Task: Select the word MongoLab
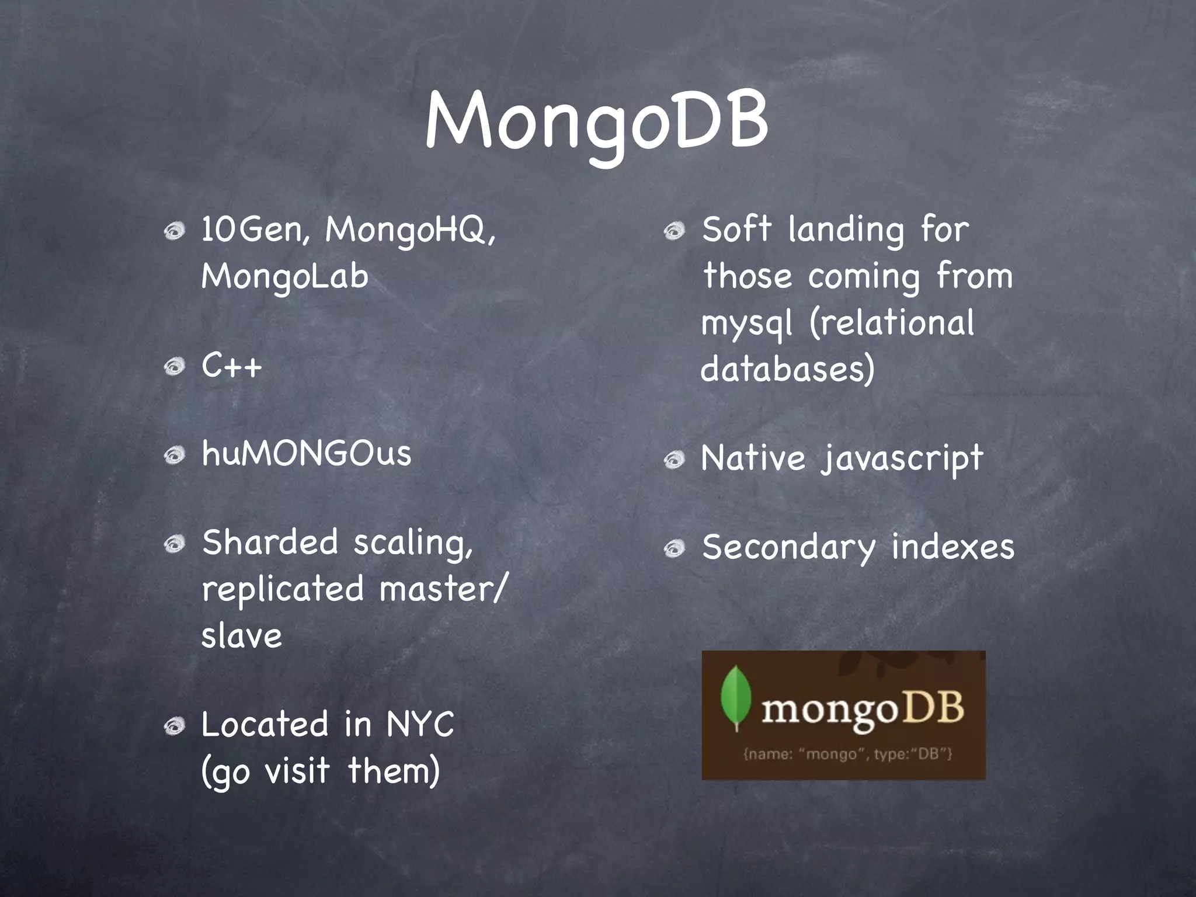pyautogui.click(x=285, y=276)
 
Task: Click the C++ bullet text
pyautogui.click(x=232, y=367)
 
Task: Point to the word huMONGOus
pyautogui.click(x=307, y=453)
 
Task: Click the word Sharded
pyautogui.click(x=270, y=542)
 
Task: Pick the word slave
pyautogui.click(x=242, y=635)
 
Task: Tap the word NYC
pyautogui.click(x=420, y=725)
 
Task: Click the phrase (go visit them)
pyautogui.click(x=321, y=771)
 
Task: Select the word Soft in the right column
pyautogui.click(x=737, y=229)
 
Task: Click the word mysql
pyautogui.click(x=747, y=324)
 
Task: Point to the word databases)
pyautogui.click(x=788, y=370)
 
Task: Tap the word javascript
pyautogui.click(x=902, y=458)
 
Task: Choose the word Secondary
pyautogui.click(x=789, y=548)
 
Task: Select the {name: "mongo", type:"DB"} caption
pyautogui.click(x=847, y=754)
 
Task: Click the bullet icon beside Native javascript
pyautogui.click(x=675, y=460)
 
